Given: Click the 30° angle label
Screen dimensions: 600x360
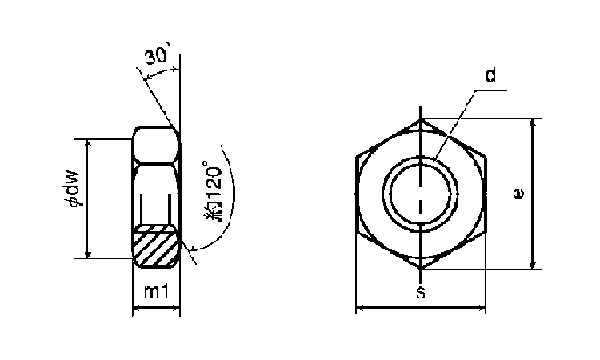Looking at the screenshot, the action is point(157,54).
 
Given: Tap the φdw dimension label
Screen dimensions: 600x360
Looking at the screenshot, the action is point(73,187).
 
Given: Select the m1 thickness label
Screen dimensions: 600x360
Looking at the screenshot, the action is point(156,291).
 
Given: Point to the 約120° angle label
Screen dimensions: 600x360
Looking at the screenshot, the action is point(214,190).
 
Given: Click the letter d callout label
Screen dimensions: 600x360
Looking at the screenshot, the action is point(490,75).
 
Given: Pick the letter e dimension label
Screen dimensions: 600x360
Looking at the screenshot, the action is point(518,194).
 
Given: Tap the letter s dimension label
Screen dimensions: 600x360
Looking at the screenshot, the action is point(421,292).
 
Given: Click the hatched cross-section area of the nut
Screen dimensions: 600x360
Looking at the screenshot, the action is point(156,246).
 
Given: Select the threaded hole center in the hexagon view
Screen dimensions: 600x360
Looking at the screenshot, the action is point(421,194).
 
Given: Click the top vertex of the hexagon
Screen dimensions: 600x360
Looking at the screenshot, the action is point(421,119).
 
